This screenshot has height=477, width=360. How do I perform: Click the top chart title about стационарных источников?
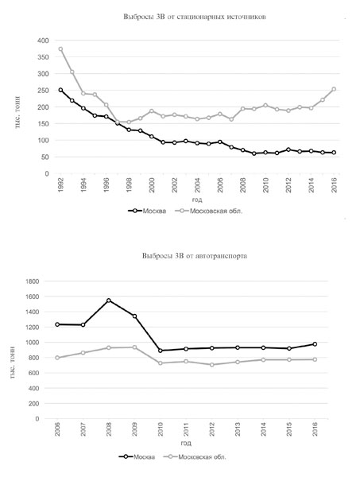click(195, 17)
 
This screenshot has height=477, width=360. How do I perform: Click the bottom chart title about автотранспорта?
click(195, 256)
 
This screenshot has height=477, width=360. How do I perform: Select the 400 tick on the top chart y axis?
click(43, 41)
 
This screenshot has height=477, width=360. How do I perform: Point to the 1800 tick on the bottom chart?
click(33, 281)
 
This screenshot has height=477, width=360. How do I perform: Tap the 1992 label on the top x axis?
click(61, 185)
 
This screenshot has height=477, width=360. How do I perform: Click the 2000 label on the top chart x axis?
click(152, 185)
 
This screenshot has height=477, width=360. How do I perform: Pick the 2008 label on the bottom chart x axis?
click(109, 429)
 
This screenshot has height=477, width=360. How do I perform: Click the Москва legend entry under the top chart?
click(147, 211)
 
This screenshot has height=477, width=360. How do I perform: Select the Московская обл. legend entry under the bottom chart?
click(195, 456)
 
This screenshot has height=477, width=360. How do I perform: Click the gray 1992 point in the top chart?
click(61, 49)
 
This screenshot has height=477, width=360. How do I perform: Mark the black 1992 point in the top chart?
click(61, 90)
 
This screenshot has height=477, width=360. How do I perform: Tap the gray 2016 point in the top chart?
click(334, 89)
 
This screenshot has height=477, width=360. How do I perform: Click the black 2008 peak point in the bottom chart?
click(109, 301)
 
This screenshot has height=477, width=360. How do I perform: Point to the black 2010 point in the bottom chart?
click(161, 351)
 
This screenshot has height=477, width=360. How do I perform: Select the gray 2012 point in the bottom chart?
click(212, 364)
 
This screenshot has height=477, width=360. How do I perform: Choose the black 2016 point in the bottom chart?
click(315, 344)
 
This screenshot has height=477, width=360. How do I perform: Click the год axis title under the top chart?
click(197, 200)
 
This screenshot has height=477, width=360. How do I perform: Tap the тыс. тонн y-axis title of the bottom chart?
click(13, 363)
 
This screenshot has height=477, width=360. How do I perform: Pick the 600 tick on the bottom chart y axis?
click(34, 373)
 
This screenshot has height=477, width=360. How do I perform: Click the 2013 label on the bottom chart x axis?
click(238, 429)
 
